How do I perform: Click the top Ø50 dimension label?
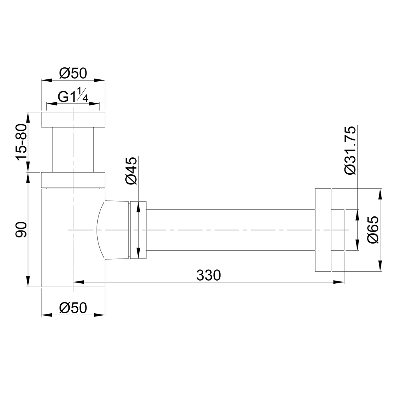coord(73,74)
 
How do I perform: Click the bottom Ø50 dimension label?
coord(73,308)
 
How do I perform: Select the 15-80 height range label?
coord(21,142)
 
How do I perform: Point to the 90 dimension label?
coord(21,229)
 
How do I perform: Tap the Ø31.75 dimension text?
coord(350,150)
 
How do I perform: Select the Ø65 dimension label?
coord(374,230)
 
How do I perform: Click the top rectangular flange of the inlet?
coord(73,119)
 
